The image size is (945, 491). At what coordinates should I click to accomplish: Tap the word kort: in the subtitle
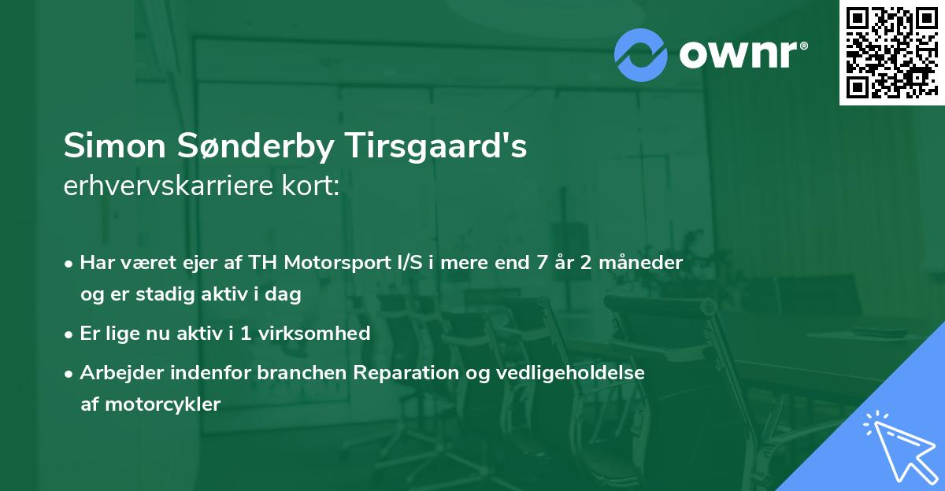point(313,186)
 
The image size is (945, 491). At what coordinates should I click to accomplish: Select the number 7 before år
point(540,262)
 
